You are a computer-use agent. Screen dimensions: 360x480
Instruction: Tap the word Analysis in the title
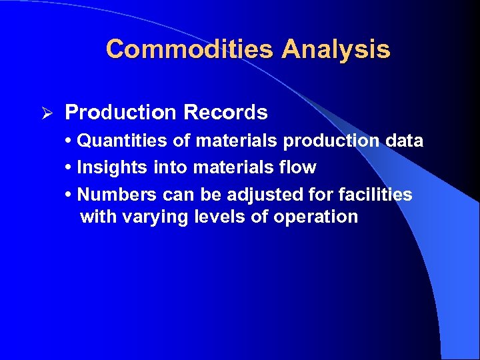(x=336, y=49)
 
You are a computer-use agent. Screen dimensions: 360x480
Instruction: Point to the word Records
(x=226, y=113)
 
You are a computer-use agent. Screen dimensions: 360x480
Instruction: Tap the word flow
(x=299, y=167)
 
